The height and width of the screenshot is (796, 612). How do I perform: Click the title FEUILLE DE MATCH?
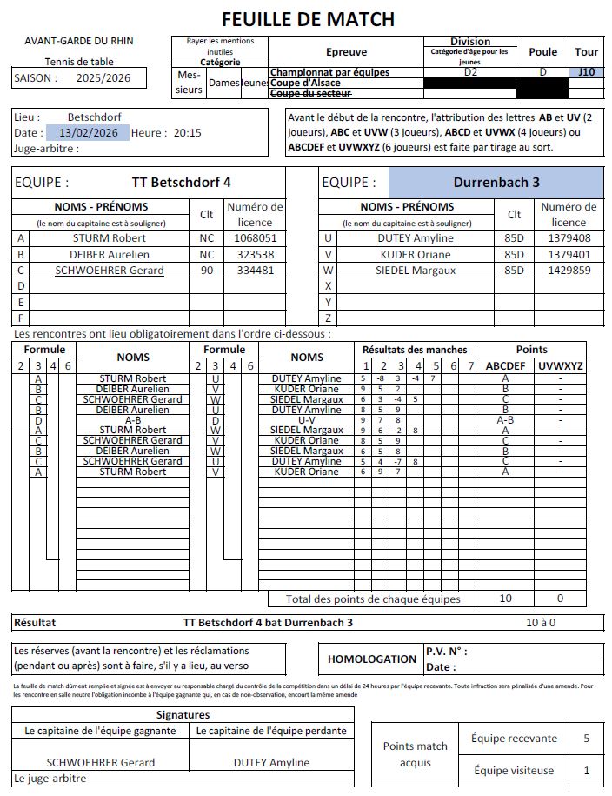[308, 18]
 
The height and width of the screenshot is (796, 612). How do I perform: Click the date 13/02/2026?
[87, 133]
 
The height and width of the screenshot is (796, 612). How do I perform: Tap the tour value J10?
[587, 72]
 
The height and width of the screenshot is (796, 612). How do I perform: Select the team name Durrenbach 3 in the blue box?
[496, 183]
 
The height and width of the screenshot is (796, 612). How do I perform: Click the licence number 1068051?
[255, 237]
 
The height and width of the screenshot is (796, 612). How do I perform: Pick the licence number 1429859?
[569, 270]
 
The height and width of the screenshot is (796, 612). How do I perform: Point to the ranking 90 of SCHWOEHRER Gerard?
[207, 270]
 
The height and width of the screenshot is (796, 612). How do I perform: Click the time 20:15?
[187, 133]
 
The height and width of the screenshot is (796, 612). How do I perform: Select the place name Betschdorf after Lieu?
[94, 117]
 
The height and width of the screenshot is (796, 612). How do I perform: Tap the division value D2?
[470, 72]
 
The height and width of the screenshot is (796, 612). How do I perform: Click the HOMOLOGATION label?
[372, 659]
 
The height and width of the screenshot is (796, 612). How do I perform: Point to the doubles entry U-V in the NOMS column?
[307, 419]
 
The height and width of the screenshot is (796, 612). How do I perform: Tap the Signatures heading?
[183, 714]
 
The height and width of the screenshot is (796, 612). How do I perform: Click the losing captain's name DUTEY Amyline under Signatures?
[271, 763]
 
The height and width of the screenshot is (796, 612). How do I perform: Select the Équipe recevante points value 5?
[587, 739]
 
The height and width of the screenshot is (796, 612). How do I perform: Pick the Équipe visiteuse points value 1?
[587, 770]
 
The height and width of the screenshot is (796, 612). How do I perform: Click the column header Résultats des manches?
[415, 350]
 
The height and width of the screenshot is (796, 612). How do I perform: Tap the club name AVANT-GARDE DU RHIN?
[79, 40]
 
